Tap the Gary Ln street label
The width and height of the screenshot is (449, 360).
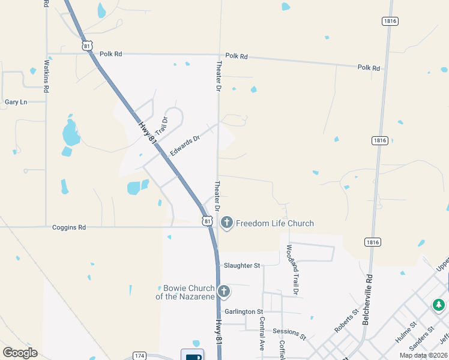[x=16, y=102]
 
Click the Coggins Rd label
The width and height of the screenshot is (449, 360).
[x=69, y=227]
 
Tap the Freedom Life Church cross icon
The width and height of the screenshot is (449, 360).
[x=227, y=223]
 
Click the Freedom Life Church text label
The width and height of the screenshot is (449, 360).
[x=275, y=224]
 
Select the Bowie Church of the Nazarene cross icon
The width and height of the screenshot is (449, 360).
[x=223, y=292]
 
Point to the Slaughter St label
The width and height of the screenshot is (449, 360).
[x=242, y=265]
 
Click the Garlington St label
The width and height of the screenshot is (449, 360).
[x=244, y=312]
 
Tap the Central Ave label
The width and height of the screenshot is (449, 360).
[x=262, y=338]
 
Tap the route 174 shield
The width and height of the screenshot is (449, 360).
[x=139, y=356]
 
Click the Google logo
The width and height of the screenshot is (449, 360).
[x=20, y=353]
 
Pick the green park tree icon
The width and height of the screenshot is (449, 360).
[x=439, y=305]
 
